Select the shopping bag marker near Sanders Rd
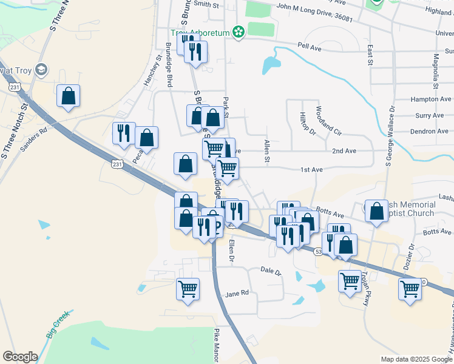point(68,96)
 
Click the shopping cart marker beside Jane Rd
point(188,288)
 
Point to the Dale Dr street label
point(271,271)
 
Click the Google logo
point(20,357)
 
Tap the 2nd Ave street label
point(344,150)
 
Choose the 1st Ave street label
point(311,170)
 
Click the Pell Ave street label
point(308,45)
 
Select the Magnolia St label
point(436,70)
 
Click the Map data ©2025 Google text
point(416,359)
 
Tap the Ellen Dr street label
point(231,251)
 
